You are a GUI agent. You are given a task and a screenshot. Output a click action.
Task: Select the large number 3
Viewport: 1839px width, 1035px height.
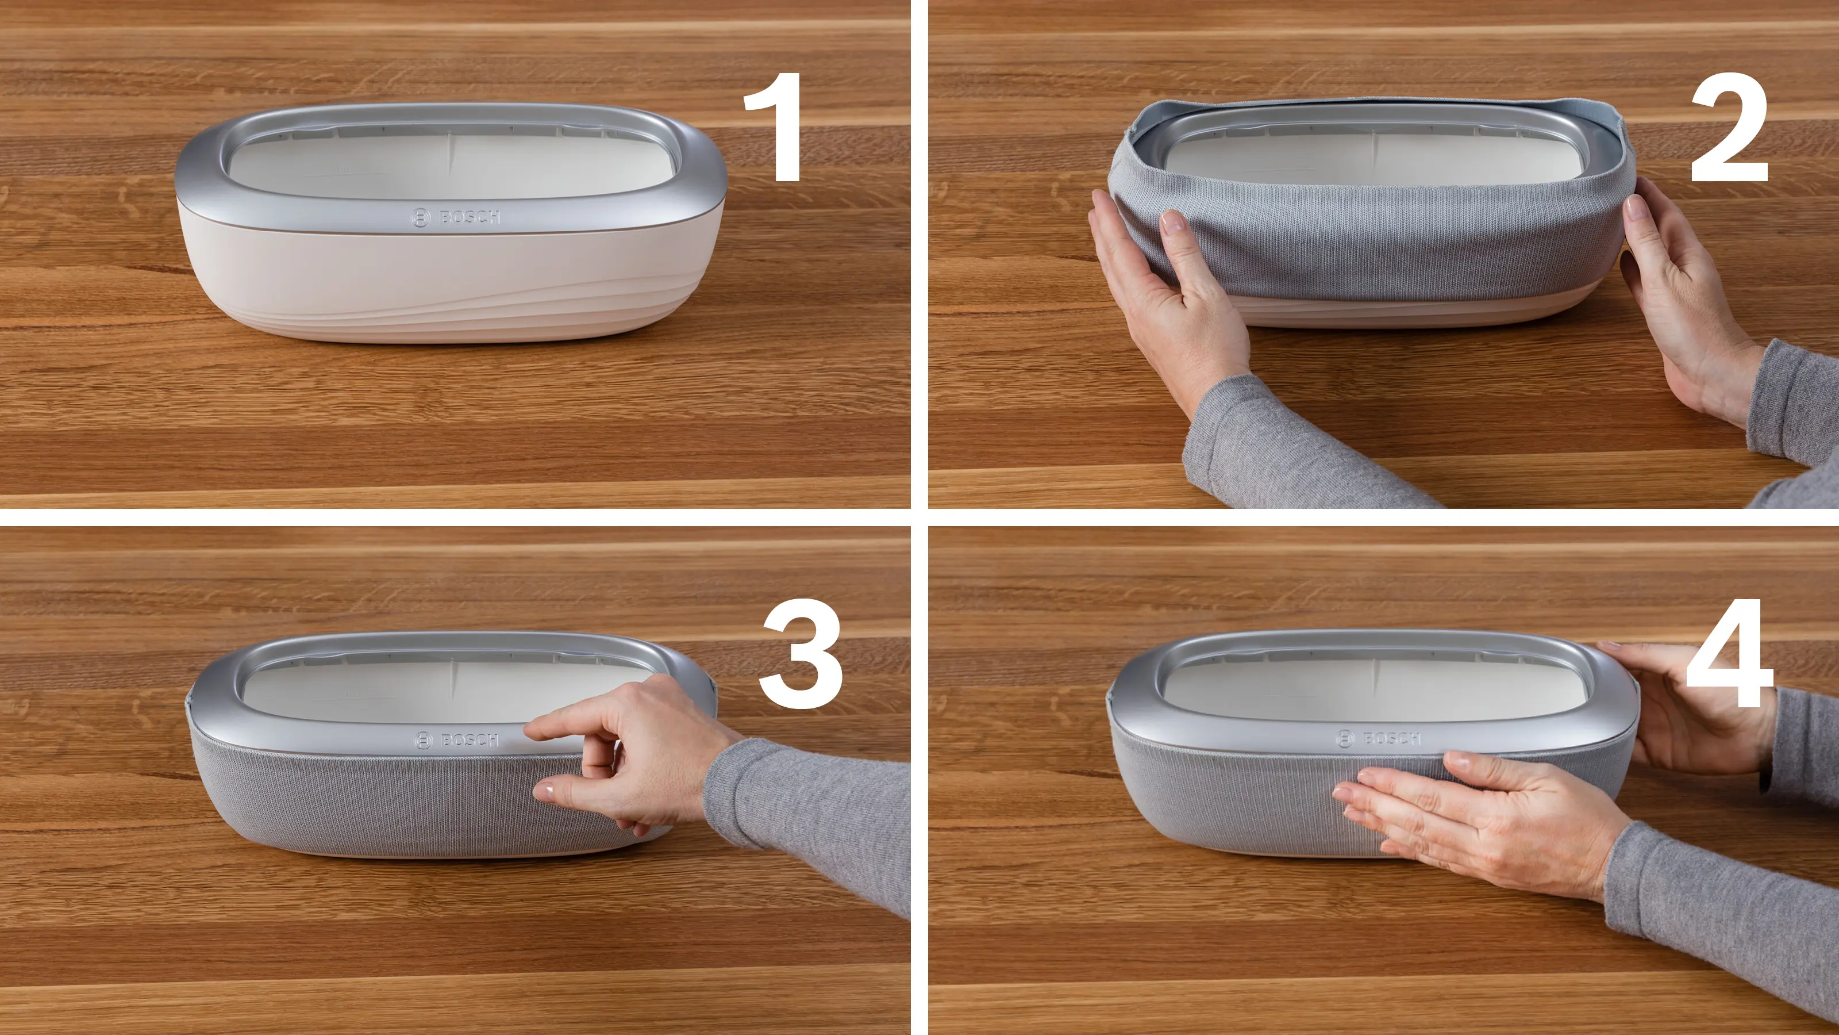pos(801,654)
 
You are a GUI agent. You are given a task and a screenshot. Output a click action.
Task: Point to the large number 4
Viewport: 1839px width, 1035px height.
pos(1730,654)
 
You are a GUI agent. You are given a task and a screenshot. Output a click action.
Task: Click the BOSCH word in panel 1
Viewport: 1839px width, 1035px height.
pos(470,216)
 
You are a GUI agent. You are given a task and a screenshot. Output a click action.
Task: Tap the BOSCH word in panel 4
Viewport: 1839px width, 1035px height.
pos(1391,738)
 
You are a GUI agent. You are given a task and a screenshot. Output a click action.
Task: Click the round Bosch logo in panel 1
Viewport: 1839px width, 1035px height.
pos(421,218)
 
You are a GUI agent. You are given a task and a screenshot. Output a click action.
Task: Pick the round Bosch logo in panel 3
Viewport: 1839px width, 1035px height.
pos(424,741)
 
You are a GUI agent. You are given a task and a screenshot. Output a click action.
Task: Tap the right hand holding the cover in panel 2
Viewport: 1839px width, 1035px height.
pos(1685,293)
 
